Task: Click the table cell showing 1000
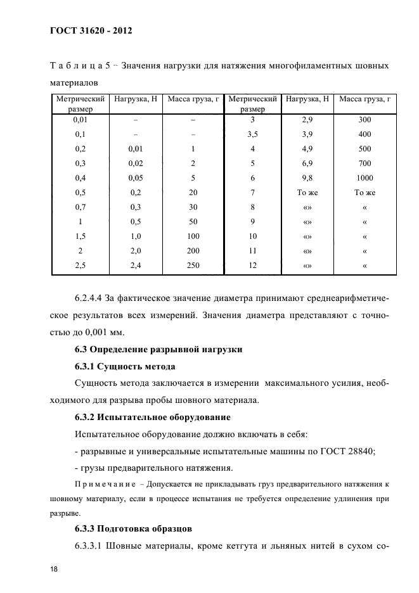click(x=364, y=178)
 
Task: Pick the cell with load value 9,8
click(x=307, y=178)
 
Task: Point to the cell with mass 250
click(x=193, y=265)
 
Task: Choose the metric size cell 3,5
click(x=252, y=134)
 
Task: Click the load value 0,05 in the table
click(x=135, y=178)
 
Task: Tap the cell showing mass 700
click(x=364, y=163)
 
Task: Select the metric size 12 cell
click(x=252, y=265)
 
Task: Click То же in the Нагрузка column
click(x=307, y=193)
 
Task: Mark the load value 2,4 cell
click(x=135, y=265)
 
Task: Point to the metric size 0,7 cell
click(x=81, y=207)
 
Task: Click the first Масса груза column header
click(x=193, y=99)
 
